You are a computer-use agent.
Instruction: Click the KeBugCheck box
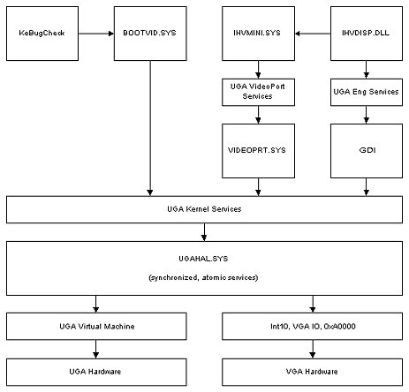[x=42, y=34]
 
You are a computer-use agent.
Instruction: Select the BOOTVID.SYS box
[x=150, y=34]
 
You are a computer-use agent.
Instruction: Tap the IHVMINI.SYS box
[x=258, y=34]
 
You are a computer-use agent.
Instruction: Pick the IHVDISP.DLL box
[x=367, y=34]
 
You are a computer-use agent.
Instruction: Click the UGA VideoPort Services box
[x=258, y=92]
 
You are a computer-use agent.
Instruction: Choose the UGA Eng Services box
[x=367, y=92]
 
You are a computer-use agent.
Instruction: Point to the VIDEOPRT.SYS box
[x=258, y=151]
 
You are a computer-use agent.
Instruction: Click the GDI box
[x=367, y=151]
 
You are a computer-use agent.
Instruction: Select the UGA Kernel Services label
[x=204, y=209]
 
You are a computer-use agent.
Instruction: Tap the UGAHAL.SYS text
[x=203, y=259]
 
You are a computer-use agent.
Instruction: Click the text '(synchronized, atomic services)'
[x=203, y=277]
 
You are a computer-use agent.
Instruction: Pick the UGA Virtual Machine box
[x=96, y=327]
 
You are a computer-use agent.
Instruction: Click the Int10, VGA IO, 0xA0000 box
[x=312, y=327]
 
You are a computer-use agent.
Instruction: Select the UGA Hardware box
[x=96, y=372]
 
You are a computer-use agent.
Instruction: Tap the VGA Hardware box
[x=312, y=372]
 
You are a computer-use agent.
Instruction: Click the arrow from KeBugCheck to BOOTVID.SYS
[x=96, y=34]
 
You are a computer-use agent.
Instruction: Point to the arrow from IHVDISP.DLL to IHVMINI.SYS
[x=313, y=34]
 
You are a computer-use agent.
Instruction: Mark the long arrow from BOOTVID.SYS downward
[x=150, y=128]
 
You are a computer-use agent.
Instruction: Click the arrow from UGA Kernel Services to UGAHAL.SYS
[x=204, y=232]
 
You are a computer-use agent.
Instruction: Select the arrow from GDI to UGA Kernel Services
[x=367, y=187]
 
